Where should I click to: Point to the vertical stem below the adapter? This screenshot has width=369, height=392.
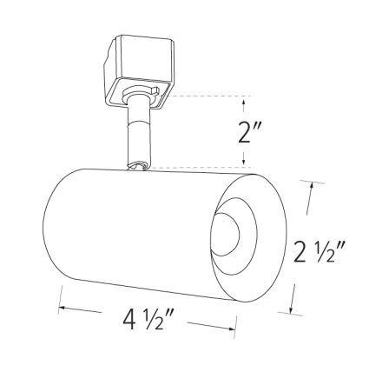(x=138, y=130)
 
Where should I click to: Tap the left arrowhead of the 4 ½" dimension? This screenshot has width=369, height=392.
(x=62, y=306)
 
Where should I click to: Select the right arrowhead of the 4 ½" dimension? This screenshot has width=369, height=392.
(x=234, y=328)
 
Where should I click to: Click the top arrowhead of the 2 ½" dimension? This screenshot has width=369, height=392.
(x=310, y=184)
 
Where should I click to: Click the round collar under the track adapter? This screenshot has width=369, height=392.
(x=138, y=96)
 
